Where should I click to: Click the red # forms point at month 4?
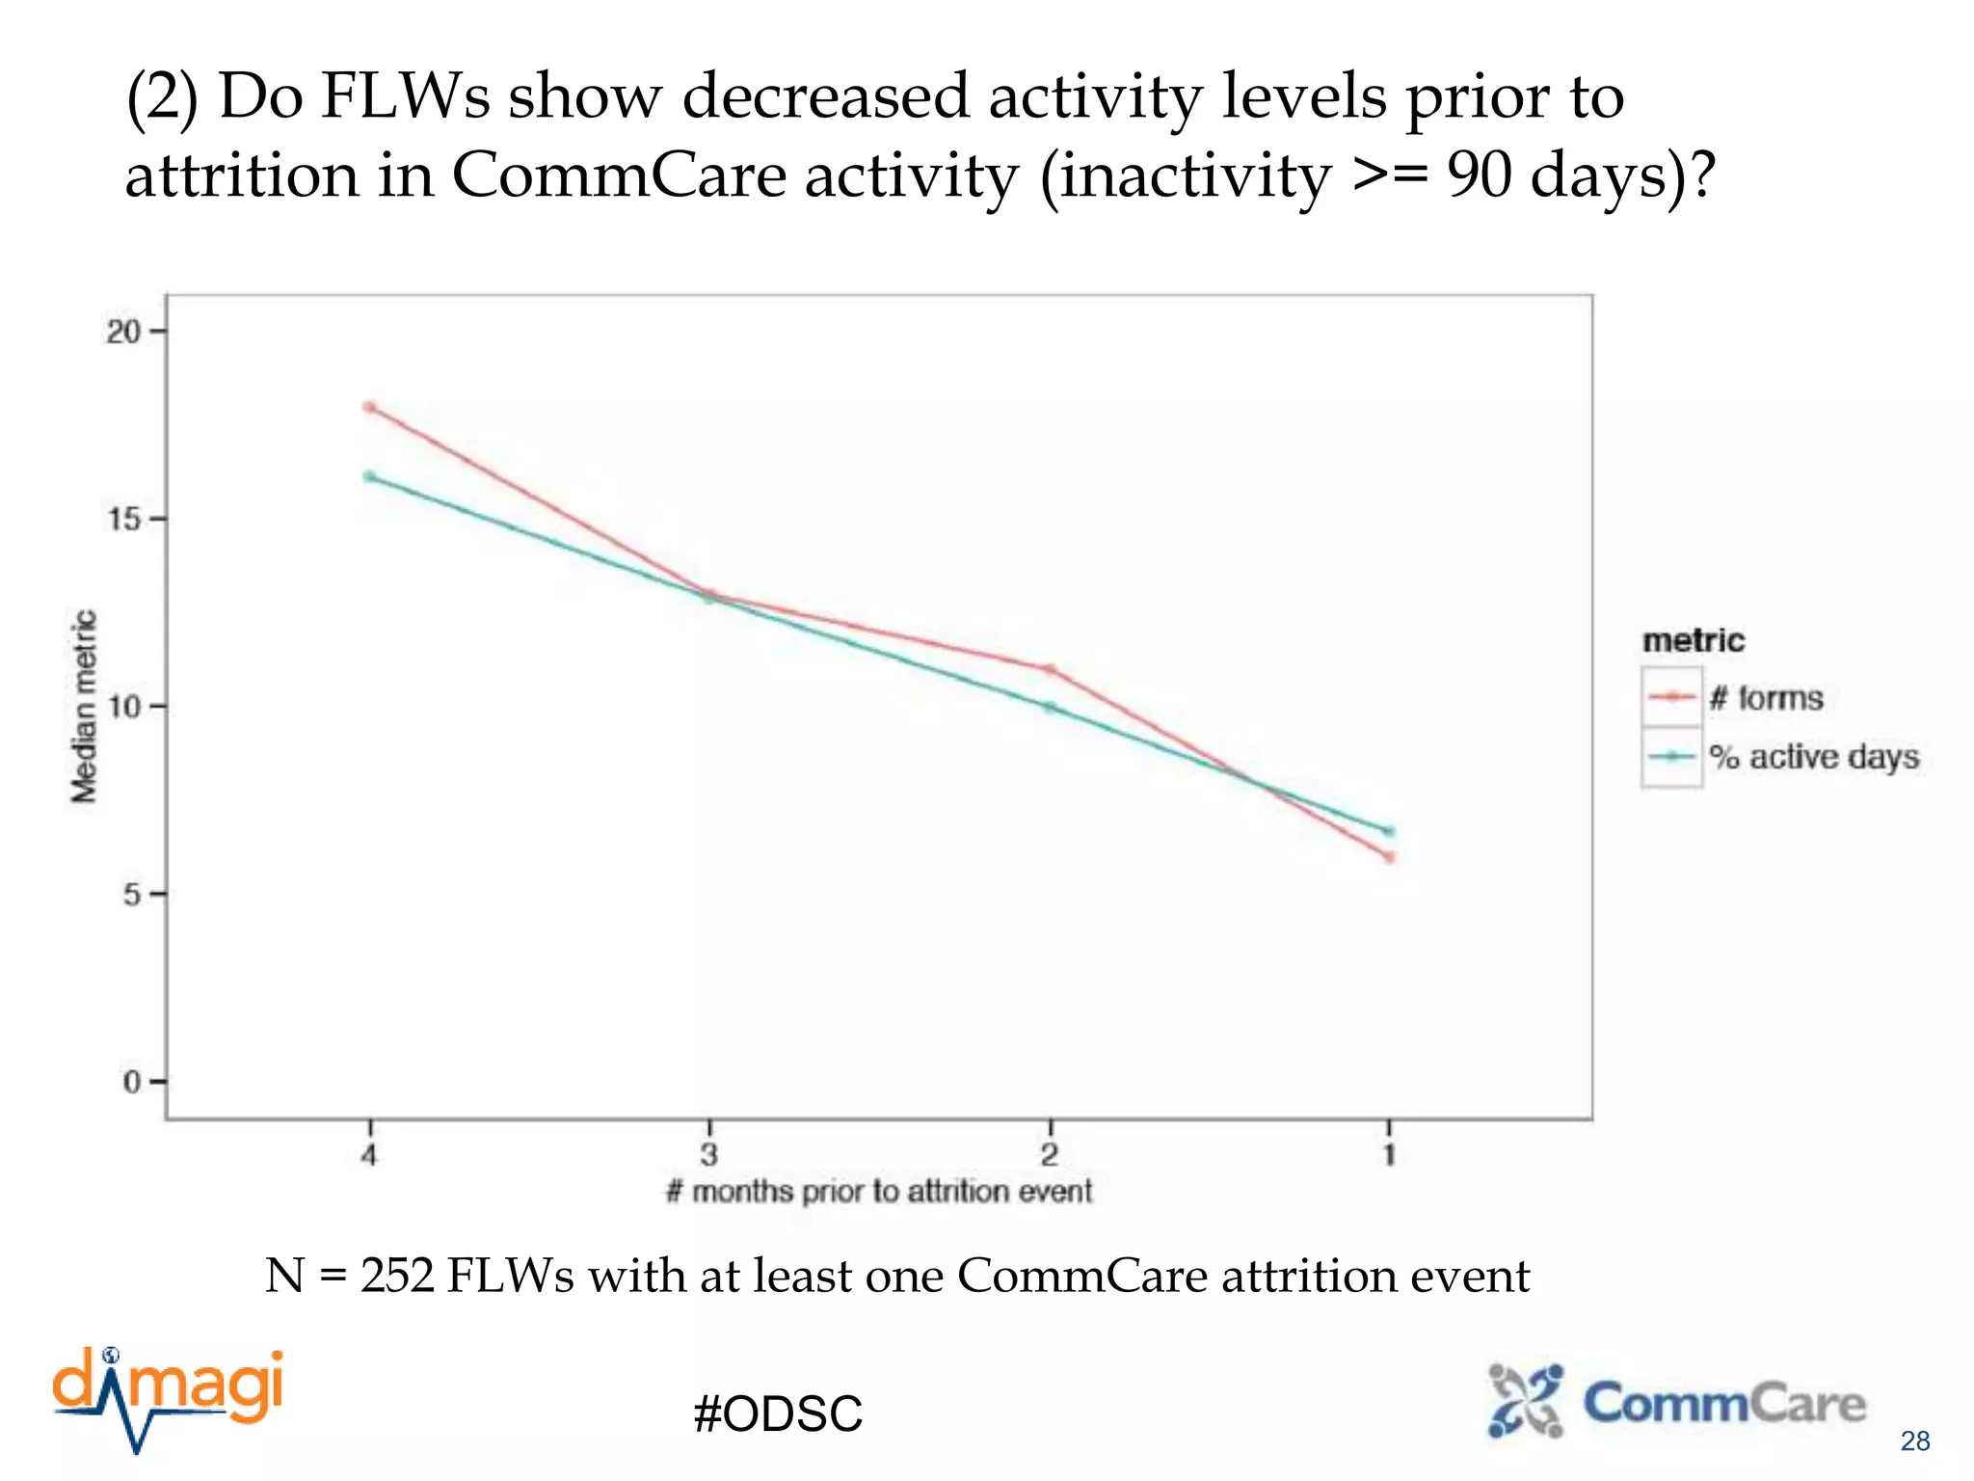click(x=369, y=407)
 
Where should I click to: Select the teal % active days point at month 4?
click(x=369, y=476)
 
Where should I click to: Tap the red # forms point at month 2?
click(x=1050, y=669)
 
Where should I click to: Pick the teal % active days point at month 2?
click(x=1050, y=708)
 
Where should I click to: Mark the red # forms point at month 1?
click(x=1389, y=856)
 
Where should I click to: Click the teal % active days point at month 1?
click(x=1389, y=831)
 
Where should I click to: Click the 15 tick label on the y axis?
click(x=123, y=520)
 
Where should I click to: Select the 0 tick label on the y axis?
click(x=132, y=1082)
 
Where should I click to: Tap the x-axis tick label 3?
click(x=709, y=1154)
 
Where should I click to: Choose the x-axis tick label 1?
click(x=1389, y=1154)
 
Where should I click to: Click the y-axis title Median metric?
click(x=85, y=706)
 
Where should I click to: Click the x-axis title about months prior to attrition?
click(x=878, y=1192)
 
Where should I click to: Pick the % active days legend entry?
click(x=1814, y=757)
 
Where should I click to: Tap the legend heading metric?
click(x=1694, y=640)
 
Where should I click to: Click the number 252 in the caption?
click(x=397, y=1276)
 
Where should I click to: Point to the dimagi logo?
click(x=169, y=1395)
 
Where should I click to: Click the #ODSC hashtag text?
click(x=778, y=1414)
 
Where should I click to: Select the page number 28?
click(x=1914, y=1441)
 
